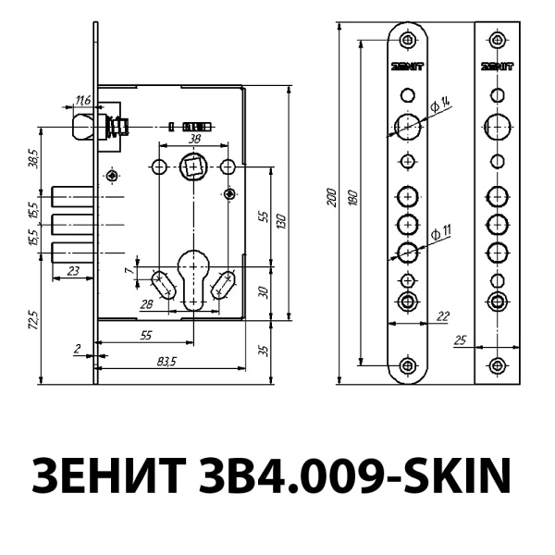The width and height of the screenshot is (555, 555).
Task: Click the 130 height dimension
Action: coord(280,219)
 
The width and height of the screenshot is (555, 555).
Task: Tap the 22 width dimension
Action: coord(441,316)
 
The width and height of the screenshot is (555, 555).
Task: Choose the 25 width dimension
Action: coord(461,340)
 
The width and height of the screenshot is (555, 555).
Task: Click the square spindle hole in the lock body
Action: coord(193,167)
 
